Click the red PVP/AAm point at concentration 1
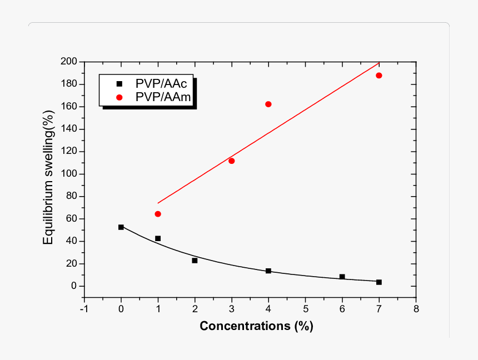click(158, 214)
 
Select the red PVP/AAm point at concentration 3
click(231, 161)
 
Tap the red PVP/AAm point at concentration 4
click(268, 104)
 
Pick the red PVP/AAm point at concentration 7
click(379, 76)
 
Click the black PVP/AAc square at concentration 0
click(121, 227)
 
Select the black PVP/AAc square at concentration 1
click(158, 238)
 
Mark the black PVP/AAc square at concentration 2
click(195, 261)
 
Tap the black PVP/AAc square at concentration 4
click(268, 271)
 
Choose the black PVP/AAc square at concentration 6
click(342, 277)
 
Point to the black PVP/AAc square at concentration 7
click(379, 282)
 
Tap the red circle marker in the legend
click(118, 96)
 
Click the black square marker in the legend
click(118, 84)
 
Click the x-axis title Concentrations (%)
click(256, 326)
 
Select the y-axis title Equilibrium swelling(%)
click(49, 178)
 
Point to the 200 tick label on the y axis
click(69, 62)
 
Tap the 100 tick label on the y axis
click(69, 174)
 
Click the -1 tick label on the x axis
click(83, 308)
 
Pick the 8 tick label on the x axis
click(416, 308)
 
